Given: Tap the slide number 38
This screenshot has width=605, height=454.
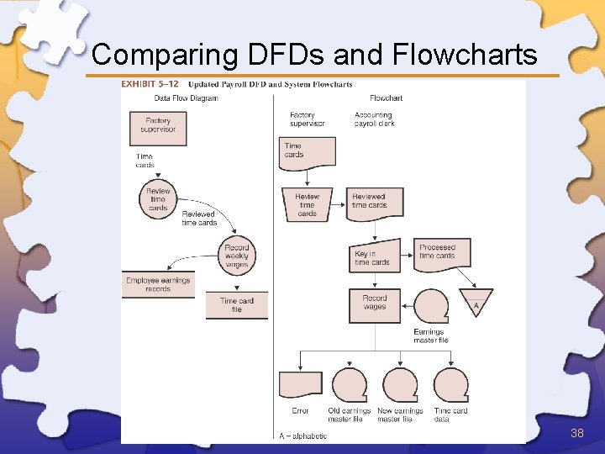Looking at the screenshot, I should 576,433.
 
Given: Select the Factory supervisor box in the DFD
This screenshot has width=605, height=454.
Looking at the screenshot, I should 158,126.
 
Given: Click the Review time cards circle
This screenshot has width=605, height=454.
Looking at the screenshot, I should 158,199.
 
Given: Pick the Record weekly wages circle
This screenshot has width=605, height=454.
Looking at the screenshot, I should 237,256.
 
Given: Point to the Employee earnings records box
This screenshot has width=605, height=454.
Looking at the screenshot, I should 158,284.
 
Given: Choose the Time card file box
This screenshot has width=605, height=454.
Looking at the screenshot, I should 237,304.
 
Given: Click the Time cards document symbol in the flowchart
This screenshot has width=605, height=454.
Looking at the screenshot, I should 307,151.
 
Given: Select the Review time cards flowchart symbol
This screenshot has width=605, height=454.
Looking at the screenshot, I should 307,204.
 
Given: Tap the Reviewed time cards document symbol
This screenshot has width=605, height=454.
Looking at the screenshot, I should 375,202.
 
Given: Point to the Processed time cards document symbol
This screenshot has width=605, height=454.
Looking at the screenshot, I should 441,253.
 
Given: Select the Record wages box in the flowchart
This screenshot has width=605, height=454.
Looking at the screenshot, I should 375,304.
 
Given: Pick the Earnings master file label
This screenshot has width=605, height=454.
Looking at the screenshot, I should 431,336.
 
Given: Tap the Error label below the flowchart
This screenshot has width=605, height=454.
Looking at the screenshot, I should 300,411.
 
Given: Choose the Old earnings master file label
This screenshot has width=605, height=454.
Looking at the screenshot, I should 349,415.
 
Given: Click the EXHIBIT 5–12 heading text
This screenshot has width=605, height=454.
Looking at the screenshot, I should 150,84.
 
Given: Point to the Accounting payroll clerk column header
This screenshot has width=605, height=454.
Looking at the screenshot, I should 374,119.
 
